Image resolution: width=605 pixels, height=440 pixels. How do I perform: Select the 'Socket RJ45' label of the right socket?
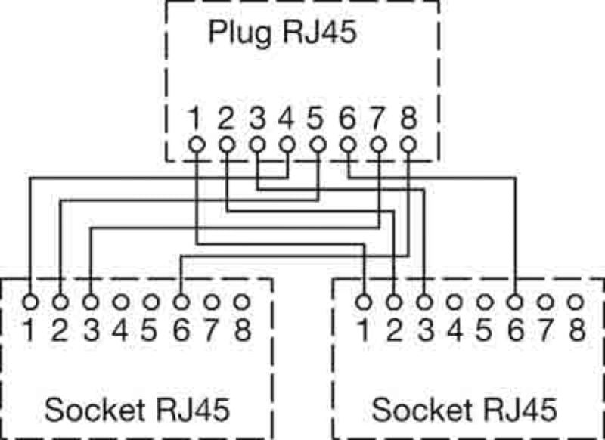tap(465, 410)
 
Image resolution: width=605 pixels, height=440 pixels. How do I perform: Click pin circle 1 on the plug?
tap(196, 143)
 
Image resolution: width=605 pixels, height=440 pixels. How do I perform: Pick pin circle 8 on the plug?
tap(408, 143)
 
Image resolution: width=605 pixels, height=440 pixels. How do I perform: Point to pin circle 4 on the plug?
tap(287, 143)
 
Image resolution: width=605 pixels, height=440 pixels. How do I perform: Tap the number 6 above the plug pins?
tap(348, 119)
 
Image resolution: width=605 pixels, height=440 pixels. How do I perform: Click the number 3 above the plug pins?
tap(257, 119)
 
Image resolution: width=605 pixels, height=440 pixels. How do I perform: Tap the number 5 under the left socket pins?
tap(150, 330)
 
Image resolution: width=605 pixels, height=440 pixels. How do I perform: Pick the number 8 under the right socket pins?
tap(576, 330)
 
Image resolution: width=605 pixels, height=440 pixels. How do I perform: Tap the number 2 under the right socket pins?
tap(394, 330)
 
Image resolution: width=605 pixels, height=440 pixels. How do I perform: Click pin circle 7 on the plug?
tap(378, 143)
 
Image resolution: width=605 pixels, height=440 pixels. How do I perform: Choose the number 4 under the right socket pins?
tap(455, 330)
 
